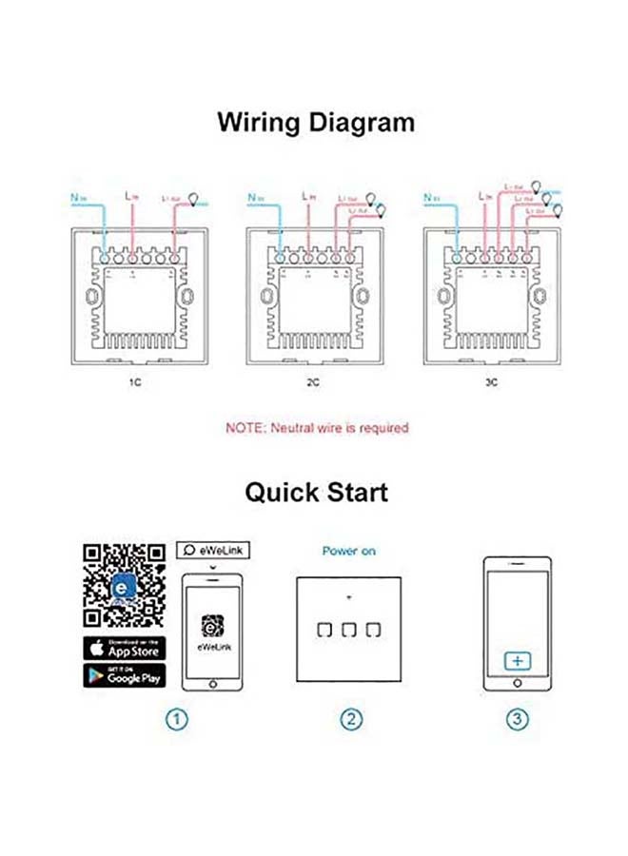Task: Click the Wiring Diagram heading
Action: tap(315, 123)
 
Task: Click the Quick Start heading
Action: tap(315, 492)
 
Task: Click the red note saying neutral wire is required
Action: tap(316, 428)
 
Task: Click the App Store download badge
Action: tap(123, 650)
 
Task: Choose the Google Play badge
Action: tap(123, 676)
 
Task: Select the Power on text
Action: tap(348, 551)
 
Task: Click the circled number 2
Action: tap(349, 720)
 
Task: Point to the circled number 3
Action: tap(517, 720)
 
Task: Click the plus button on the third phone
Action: tap(517, 660)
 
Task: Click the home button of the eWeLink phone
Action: tap(211, 685)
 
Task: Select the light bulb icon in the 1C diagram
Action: tap(195, 200)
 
